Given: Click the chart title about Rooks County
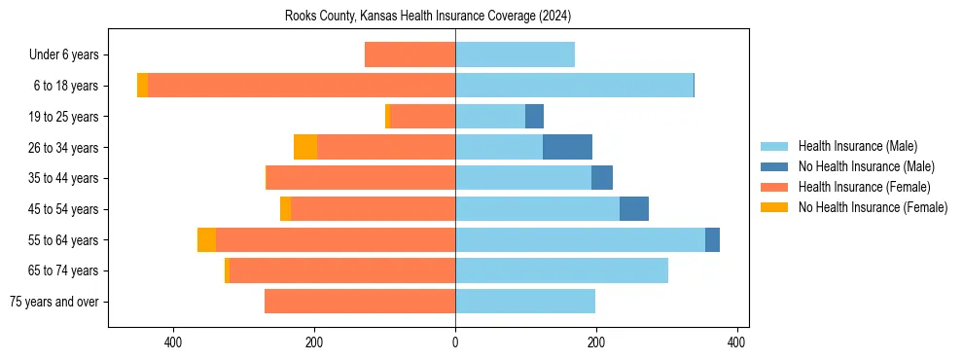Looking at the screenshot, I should point(428,17).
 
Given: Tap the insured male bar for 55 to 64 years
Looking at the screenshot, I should point(580,239).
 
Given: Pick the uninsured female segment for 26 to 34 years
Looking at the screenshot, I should point(305,147).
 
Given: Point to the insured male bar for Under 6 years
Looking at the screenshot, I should point(515,54).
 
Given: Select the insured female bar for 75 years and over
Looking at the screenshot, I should point(360,302).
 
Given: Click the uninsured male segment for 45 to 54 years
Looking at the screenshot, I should point(634,209).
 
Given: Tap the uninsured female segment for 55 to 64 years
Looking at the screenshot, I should point(206,239).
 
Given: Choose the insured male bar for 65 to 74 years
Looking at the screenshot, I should point(561,270).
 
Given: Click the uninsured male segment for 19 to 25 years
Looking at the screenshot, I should point(534,117).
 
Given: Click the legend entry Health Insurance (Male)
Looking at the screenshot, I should point(857,146).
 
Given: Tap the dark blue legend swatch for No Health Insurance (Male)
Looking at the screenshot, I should point(775,166).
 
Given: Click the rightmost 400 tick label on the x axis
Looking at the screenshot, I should point(736,342).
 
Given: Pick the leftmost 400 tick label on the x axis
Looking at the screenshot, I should point(174,342).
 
